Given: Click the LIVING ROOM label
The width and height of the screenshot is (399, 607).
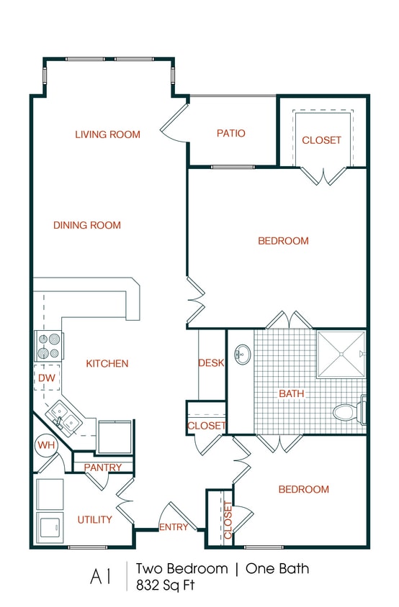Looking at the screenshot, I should tap(107, 134).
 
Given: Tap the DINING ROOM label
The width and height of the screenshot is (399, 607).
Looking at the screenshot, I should tap(87, 225).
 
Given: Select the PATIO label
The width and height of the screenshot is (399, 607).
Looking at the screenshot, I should tap(231, 133).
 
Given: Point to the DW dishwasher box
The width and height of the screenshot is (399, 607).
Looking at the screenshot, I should tap(45, 378).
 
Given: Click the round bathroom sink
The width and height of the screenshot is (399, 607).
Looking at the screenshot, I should tap(243, 353).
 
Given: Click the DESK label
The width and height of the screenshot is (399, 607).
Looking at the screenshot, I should tap(211, 363).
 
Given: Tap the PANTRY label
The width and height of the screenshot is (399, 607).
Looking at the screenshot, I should tap(103, 467).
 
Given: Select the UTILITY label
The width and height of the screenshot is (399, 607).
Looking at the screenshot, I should tap(94, 519).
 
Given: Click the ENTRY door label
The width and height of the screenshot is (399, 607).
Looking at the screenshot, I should tap(174, 527).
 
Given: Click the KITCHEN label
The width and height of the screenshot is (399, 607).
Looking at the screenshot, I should tap(107, 364).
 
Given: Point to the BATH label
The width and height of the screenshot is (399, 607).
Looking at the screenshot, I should tap(291, 393).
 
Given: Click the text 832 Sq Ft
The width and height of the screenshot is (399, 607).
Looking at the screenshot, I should tap(166, 585).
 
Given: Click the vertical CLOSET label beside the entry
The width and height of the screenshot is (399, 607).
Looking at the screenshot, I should tap(228, 520).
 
